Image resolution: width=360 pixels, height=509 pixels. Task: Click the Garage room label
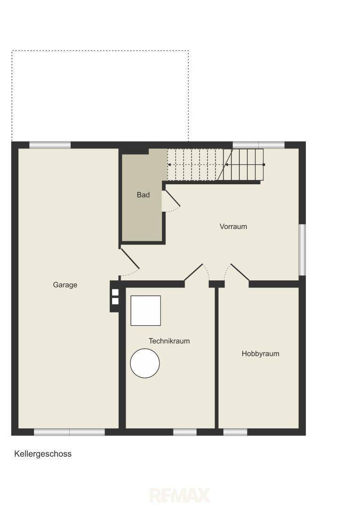[65, 285]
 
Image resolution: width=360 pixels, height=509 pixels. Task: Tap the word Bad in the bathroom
[143, 195]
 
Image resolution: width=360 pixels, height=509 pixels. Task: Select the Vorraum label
[233, 226]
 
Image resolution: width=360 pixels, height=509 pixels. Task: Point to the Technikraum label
[169, 341]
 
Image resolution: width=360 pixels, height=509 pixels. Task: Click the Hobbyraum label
[261, 353]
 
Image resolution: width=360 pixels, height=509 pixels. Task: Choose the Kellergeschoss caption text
[43, 454]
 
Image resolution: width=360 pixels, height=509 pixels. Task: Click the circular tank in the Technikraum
[145, 363]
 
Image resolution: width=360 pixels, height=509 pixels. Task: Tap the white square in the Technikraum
[146, 310]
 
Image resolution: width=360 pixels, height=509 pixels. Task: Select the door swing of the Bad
[171, 201]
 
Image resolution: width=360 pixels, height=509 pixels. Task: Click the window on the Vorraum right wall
[302, 250]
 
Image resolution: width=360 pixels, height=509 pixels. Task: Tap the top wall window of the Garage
[50, 145]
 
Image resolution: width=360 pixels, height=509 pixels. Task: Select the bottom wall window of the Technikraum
[185, 432]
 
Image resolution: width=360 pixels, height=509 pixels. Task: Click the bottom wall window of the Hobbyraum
[235, 432]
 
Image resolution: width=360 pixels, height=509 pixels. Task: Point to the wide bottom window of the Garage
[69, 432]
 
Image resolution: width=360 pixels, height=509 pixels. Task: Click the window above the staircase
[259, 145]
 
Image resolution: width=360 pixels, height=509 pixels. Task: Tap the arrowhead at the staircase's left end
[169, 164]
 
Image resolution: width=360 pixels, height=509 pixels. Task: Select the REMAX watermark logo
[180, 496]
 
